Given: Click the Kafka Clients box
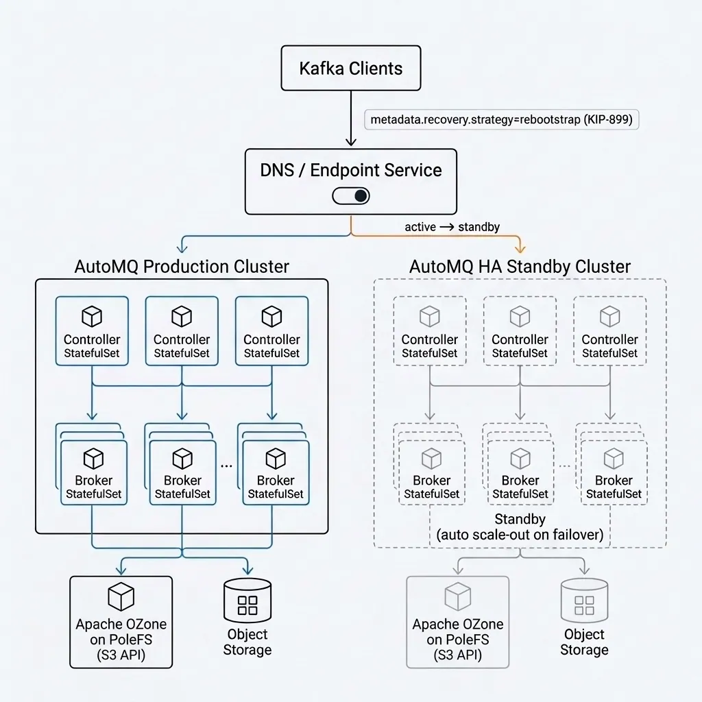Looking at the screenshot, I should pyautogui.click(x=350, y=68).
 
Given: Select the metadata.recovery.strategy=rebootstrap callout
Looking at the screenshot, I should pyautogui.click(x=502, y=119).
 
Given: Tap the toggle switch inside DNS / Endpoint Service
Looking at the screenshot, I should pyautogui.click(x=350, y=196).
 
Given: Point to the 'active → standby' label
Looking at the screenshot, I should pyautogui.click(x=452, y=227).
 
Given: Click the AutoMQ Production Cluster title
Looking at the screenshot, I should pyautogui.click(x=181, y=266).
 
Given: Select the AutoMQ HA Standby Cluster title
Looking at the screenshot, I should pyautogui.click(x=520, y=266).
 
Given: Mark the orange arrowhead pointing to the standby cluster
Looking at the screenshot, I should pyautogui.click(x=520, y=248).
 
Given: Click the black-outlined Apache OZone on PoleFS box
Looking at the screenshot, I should pyautogui.click(x=121, y=622).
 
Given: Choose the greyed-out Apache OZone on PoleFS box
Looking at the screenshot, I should pyautogui.click(x=457, y=622).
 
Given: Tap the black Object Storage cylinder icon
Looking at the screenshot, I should pyautogui.click(x=247, y=601).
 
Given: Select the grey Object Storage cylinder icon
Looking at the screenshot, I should pyautogui.click(x=584, y=601).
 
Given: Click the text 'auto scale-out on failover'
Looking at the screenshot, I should pyautogui.click(x=520, y=535).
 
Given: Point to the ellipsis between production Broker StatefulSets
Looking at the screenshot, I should pyautogui.click(x=227, y=465).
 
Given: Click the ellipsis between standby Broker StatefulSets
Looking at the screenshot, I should pyautogui.click(x=564, y=465).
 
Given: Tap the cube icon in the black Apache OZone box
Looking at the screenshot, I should pyautogui.click(x=121, y=596).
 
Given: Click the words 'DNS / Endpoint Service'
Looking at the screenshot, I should pyautogui.click(x=350, y=171).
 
